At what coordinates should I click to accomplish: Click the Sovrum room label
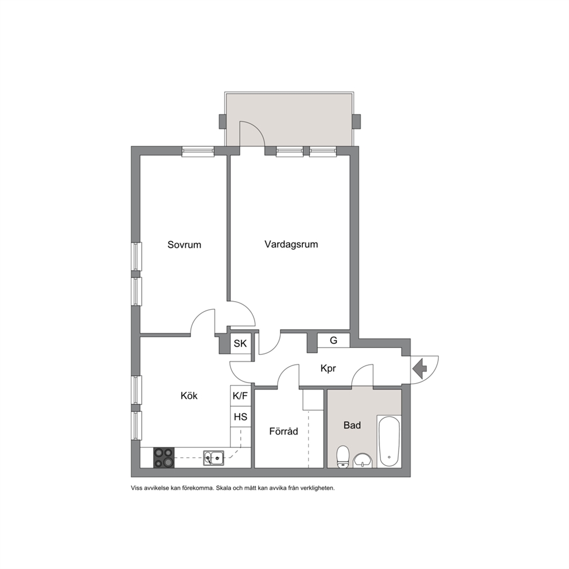(184, 244)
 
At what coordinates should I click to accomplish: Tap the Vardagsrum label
(291, 244)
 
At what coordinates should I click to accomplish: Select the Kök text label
(189, 395)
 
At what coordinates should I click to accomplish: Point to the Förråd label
(283, 431)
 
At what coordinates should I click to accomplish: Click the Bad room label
(352, 425)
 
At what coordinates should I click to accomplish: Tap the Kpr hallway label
(328, 369)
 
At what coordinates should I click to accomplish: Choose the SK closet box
(240, 343)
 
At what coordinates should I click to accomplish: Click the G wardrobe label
(333, 340)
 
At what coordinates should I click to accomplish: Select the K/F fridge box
(240, 395)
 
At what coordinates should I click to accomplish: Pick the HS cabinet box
(240, 416)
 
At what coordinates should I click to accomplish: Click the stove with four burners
(163, 458)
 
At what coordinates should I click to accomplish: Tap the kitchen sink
(213, 458)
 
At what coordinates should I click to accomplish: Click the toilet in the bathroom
(342, 457)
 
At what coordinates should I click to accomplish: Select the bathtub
(389, 441)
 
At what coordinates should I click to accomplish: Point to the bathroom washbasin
(362, 461)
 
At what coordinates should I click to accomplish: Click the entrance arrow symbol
(420, 369)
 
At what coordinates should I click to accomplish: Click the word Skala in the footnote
(223, 489)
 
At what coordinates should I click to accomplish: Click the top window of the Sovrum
(198, 151)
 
